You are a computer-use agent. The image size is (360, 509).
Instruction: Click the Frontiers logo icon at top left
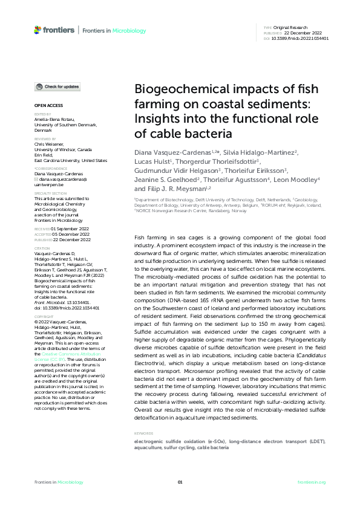point(38,30)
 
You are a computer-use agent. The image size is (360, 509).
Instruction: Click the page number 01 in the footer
point(180,482)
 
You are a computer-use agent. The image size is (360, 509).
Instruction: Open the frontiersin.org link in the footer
point(312,482)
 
